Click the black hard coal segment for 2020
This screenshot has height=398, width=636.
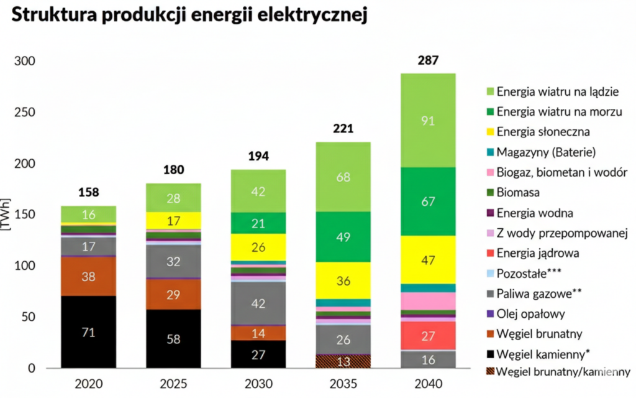pyautogui.click(x=88, y=332)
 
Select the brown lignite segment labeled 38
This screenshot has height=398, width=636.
pyautogui.click(x=88, y=276)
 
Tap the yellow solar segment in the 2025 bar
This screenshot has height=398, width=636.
pyautogui.click(x=173, y=220)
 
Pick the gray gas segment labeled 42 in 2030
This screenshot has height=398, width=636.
pyautogui.click(x=258, y=303)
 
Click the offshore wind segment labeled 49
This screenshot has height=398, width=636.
pyautogui.click(x=343, y=237)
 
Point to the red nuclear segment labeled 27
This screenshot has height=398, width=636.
pyautogui.click(x=428, y=336)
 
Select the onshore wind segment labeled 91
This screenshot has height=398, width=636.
pyautogui.click(x=428, y=120)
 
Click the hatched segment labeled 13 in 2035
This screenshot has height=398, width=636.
pyautogui.click(x=343, y=361)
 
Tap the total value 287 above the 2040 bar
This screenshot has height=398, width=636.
pyautogui.click(x=428, y=61)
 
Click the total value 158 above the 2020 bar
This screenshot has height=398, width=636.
pyautogui.click(x=88, y=192)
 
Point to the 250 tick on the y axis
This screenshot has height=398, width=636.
pyautogui.click(x=25, y=113)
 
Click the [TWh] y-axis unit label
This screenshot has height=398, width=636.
pyautogui.click(x=7, y=215)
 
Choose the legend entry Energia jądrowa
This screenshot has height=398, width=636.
pyautogui.click(x=538, y=253)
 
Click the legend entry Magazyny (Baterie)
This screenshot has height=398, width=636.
pyautogui.click(x=546, y=152)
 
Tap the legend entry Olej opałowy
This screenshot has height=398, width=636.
pyautogui.click(x=530, y=313)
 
